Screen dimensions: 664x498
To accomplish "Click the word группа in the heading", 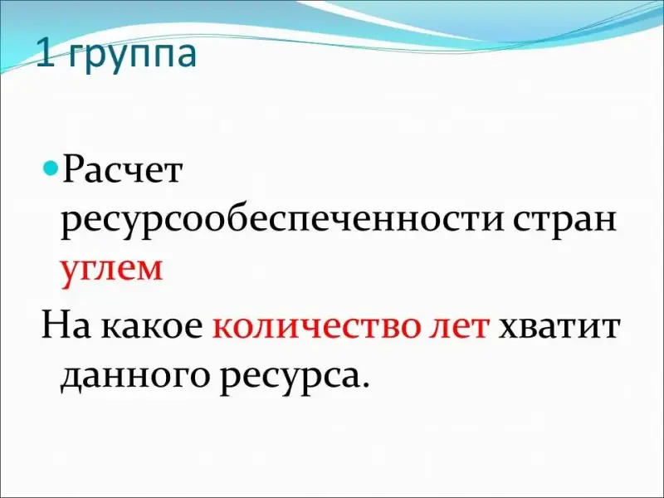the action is [132, 57].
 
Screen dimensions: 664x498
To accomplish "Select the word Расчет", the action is [122, 170].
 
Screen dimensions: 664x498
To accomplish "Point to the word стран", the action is [565, 223].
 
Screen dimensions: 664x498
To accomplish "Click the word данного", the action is [135, 377].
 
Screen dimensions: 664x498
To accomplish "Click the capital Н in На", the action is [56, 325].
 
